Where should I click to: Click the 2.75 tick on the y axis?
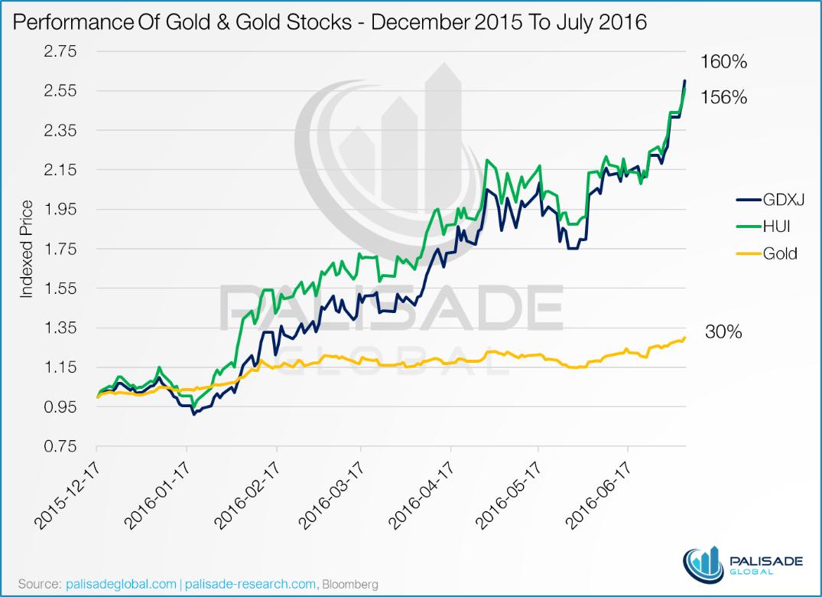click(x=64, y=51)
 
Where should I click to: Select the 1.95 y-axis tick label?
click(x=64, y=209)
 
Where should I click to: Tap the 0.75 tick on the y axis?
click(x=64, y=446)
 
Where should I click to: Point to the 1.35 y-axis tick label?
click(x=64, y=328)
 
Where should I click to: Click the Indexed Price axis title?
click(x=28, y=249)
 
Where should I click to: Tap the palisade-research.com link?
click(x=250, y=584)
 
